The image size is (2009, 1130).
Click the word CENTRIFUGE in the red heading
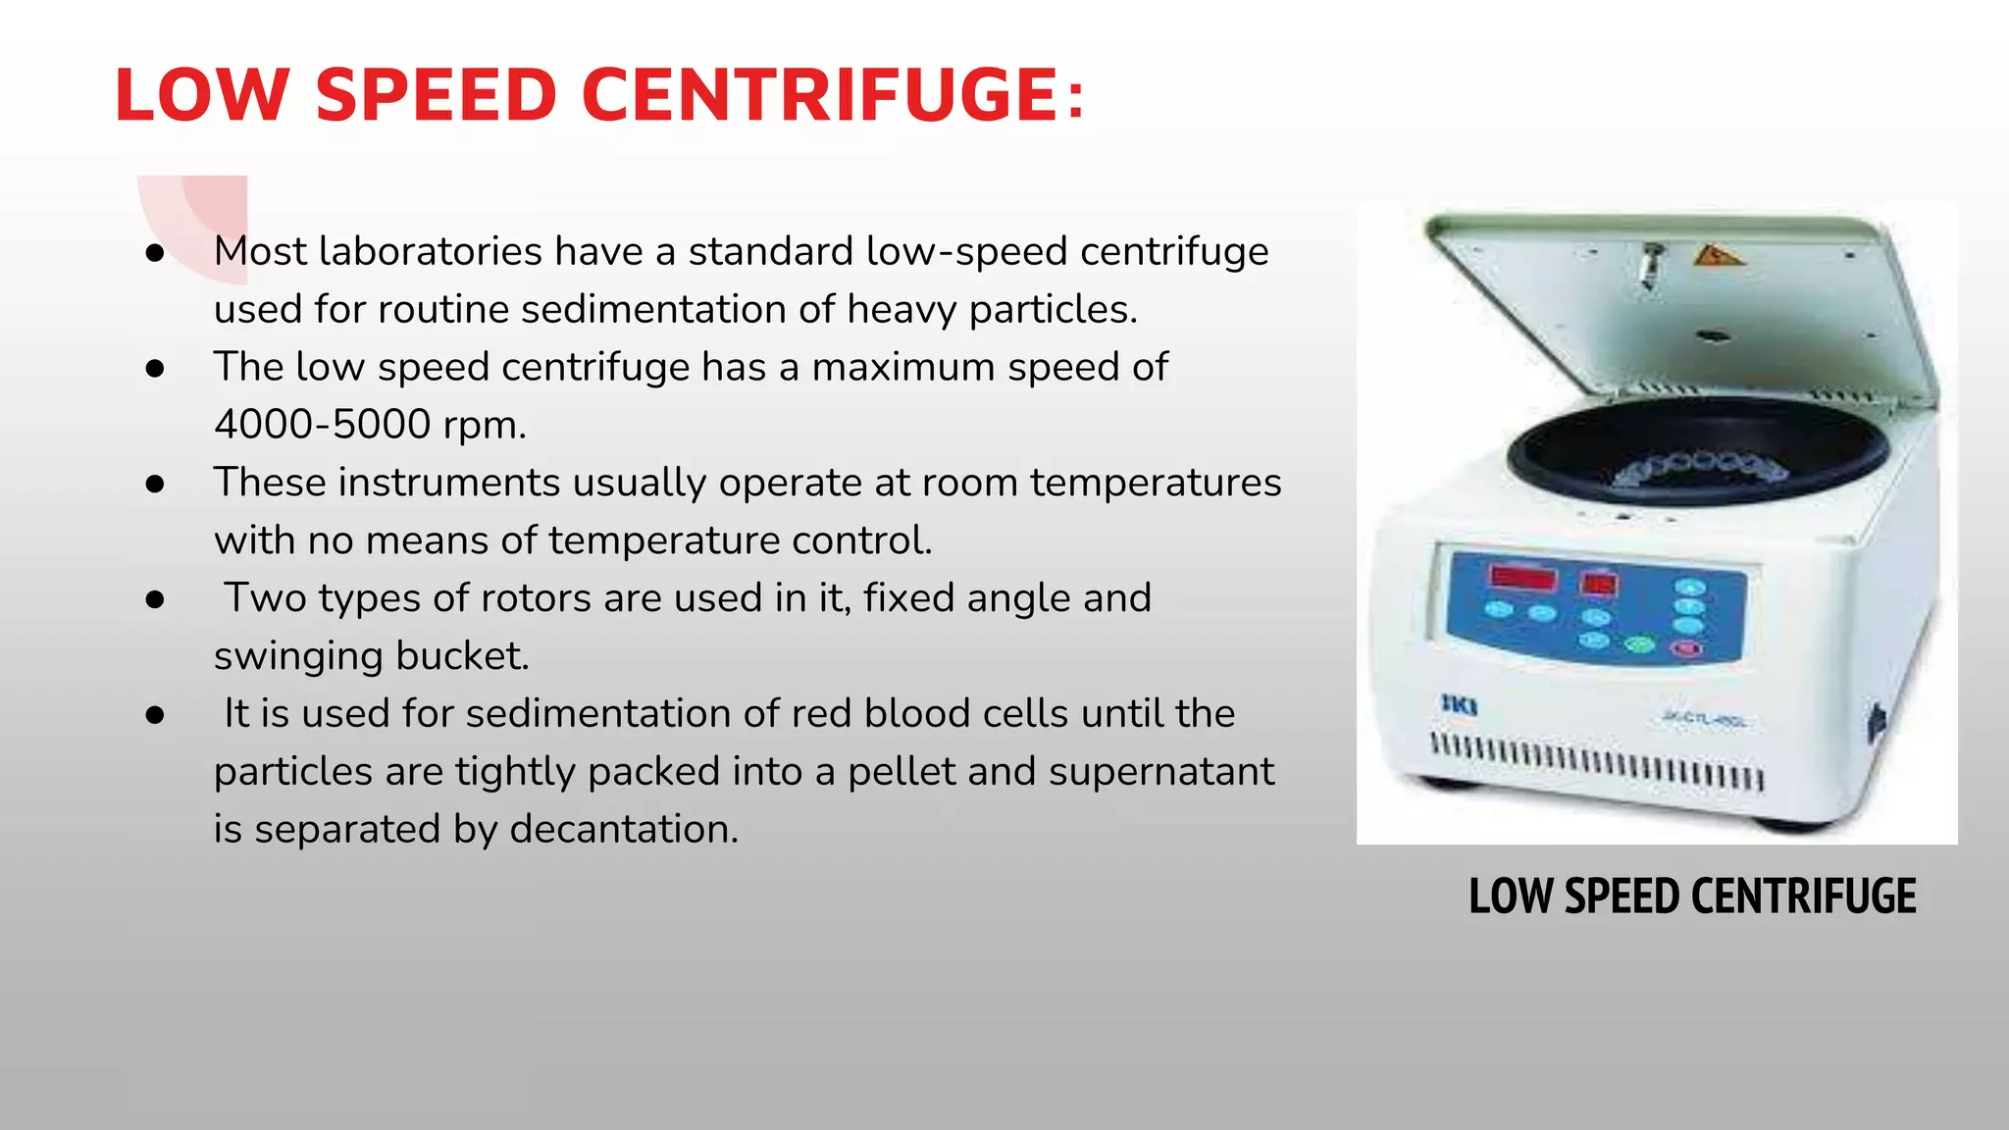[x=818, y=95]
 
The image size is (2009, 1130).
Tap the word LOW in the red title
[x=201, y=95]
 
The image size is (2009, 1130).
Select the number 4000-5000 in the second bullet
[x=323, y=425]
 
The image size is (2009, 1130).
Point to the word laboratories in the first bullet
[x=431, y=251]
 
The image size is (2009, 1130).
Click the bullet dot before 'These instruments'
[x=154, y=484]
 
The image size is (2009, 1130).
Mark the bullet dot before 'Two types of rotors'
[x=154, y=599]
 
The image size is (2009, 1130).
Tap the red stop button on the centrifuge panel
[x=1687, y=648]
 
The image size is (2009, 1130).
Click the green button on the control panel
[x=1640, y=644]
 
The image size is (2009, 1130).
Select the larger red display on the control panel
[x=1522, y=577]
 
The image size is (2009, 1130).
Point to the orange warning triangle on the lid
[x=1717, y=257]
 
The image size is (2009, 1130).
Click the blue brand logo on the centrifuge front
[x=1459, y=703]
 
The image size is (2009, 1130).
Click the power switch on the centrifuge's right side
[x=1877, y=724]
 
